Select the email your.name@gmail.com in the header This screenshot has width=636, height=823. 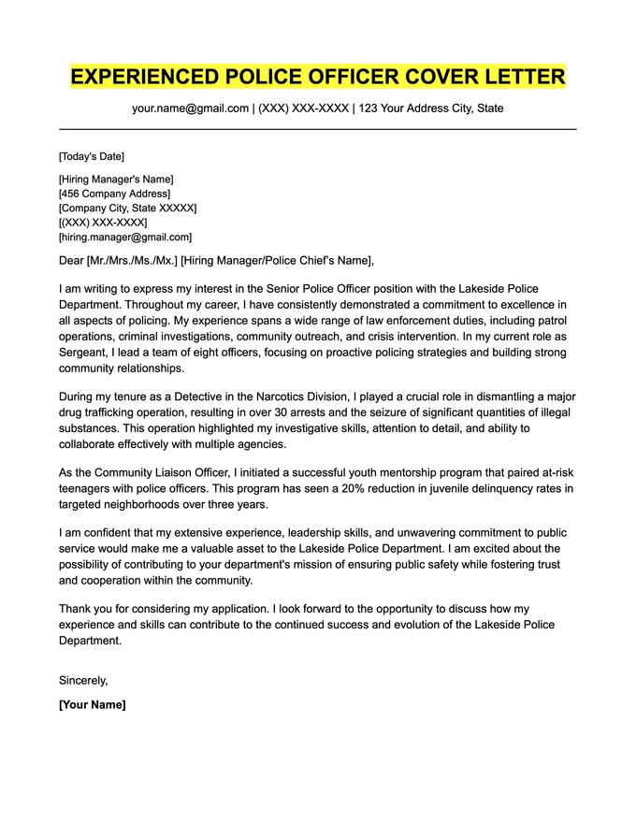click(190, 108)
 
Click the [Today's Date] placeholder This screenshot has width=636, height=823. click(91, 156)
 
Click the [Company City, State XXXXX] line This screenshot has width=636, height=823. click(127, 209)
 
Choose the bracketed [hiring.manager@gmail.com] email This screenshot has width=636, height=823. click(124, 238)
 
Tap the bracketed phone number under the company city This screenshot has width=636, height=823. click(103, 223)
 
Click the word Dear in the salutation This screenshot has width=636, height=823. click(71, 261)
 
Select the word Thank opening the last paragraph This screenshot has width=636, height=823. click(76, 608)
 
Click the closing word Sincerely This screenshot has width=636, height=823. click(83, 680)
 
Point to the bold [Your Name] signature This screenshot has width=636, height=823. click(92, 704)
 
